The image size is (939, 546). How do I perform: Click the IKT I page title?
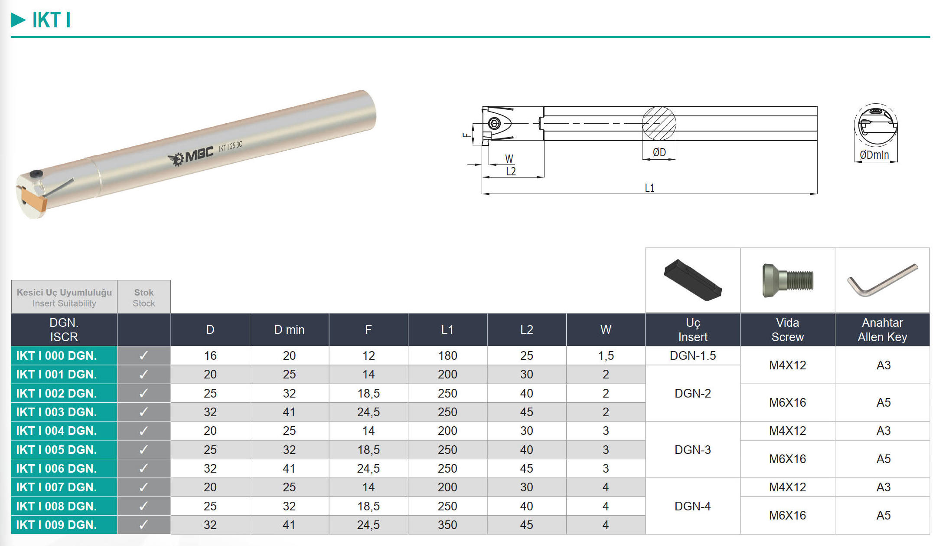click(x=51, y=20)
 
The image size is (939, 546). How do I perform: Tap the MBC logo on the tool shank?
click(x=191, y=157)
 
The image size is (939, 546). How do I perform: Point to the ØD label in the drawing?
click(x=659, y=152)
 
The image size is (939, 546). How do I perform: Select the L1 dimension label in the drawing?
click(x=649, y=188)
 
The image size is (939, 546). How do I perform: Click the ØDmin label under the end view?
click(x=874, y=155)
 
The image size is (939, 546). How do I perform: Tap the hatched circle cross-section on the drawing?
click(x=659, y=124)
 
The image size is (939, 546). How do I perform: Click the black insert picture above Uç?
click(x=693, y=280)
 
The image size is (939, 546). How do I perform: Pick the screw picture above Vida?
click(x=788, y=280)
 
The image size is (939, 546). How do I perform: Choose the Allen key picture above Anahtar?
click(x=882, y=280)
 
